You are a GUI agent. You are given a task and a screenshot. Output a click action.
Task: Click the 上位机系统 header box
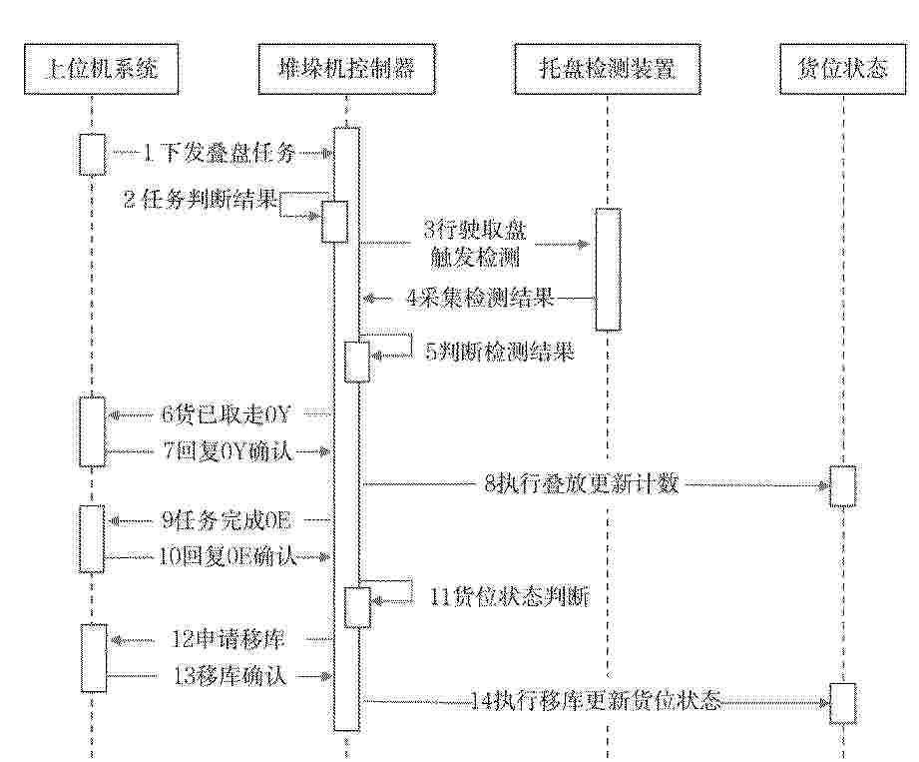tap(102, 69)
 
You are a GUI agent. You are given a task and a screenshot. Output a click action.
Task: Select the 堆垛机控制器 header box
tap(347, 69)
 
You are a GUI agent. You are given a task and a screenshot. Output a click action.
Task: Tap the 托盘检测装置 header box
tap(608, 69)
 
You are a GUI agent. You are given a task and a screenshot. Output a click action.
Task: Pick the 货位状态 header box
tap(843, 69)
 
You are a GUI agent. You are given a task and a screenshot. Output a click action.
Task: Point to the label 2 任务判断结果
tap(201, 200)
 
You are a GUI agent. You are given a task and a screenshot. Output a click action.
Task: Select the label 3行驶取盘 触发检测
tap(475, 244)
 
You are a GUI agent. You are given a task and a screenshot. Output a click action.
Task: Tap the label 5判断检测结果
tap(499, 352)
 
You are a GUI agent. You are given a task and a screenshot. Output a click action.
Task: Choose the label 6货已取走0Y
tap(226, 415)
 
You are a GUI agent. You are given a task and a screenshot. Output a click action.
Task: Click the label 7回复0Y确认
tap(228, 451)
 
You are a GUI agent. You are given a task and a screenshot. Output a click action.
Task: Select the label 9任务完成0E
tap(226, 520)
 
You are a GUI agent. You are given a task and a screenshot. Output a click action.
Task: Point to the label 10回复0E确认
tap(228, 556)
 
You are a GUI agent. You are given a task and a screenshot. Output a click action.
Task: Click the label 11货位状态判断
tap(510, 596)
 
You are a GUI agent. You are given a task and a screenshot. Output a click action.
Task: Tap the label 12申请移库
tap(228, 639)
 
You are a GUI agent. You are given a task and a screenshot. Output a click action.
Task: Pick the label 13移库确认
tap(230, 676)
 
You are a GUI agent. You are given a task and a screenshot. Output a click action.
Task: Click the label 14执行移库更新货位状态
tap(596, 700)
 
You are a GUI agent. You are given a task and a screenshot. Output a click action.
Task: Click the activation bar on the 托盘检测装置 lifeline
tap(609, 270)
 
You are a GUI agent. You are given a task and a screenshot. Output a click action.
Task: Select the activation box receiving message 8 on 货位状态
tap(843, 485)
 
